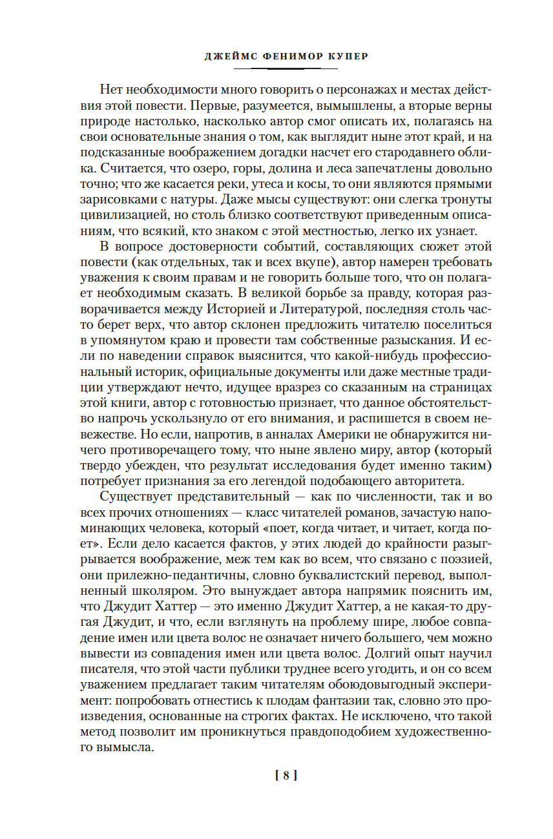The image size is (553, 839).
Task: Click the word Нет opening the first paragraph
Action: tap(114, 91)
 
